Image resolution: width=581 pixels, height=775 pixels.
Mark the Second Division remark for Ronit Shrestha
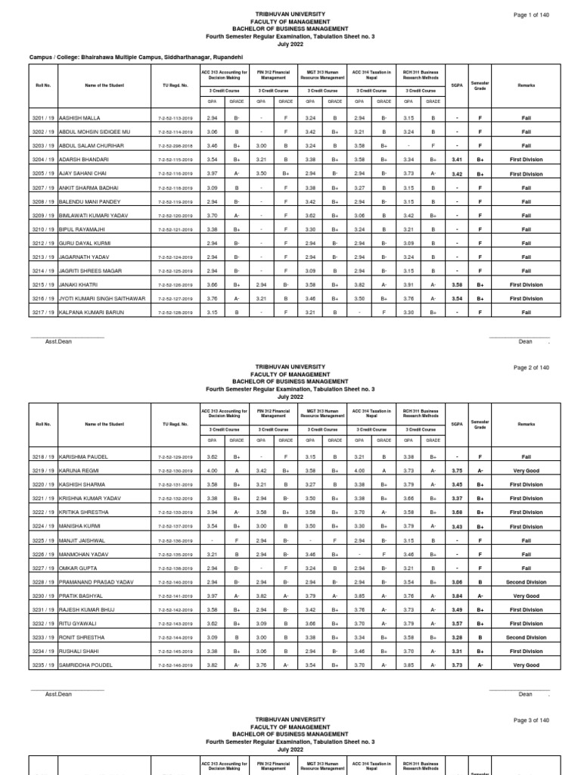[x=526, y=637]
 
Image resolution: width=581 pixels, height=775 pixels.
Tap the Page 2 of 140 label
[x=532, y=368]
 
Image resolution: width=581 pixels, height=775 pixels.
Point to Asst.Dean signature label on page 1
[x=57, y=341]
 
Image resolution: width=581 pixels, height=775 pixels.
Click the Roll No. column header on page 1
[x=42, y=86]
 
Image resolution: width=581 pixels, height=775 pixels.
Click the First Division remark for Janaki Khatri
[x=526, y=285]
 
